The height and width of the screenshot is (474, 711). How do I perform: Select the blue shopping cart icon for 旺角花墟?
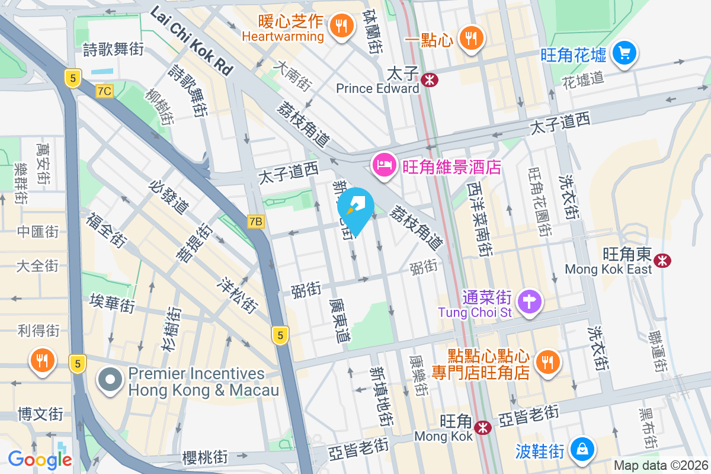click(x=624, y=53)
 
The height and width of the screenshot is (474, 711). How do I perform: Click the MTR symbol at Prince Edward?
click(x=430, y=78)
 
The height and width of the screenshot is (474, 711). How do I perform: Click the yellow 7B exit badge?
click(x=255, y=221)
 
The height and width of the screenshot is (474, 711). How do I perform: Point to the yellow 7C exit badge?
click(x=104, y=91)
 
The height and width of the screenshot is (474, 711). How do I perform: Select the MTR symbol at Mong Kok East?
click(x=662, y=259)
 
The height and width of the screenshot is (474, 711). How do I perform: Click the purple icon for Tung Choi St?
click(x=530, y=302)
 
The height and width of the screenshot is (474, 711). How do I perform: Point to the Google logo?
click(x=40, y=459)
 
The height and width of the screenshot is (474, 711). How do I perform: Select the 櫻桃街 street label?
click(x=205, y=457)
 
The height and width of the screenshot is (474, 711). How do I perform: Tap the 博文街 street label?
click(x=40, y=413)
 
